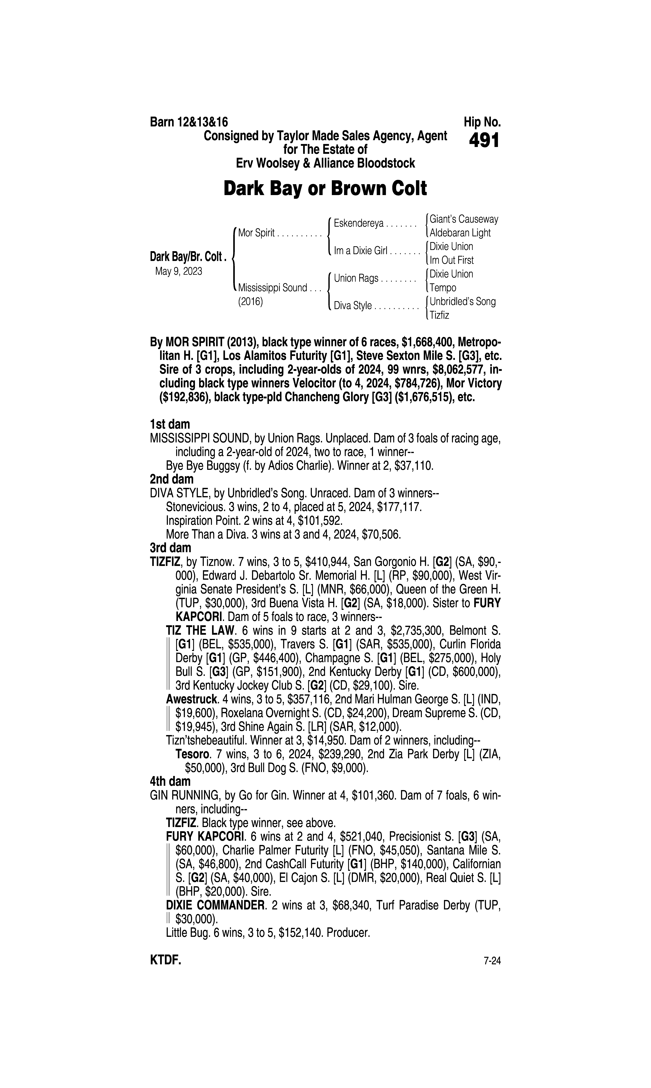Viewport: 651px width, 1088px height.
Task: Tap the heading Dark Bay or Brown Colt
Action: tap(325, 188)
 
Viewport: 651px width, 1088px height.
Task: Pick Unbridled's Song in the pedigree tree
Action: tap(462, 302)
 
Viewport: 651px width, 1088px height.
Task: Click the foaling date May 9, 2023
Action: tap(179, 271)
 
